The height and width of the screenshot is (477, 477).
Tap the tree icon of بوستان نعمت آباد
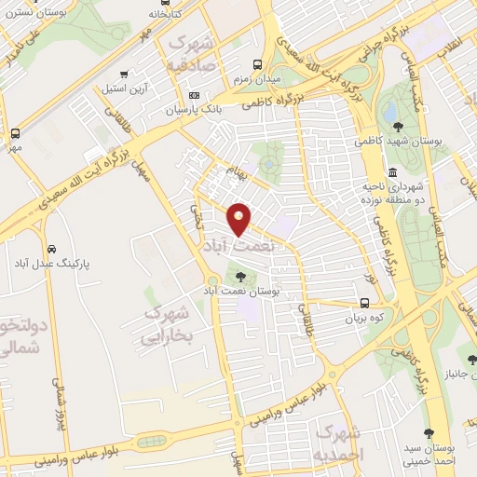[241, 276]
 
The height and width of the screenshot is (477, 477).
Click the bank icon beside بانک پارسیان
[194, 95]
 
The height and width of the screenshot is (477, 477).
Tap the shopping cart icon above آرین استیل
[122, 74]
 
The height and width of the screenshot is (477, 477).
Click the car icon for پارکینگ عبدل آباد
[49, 249]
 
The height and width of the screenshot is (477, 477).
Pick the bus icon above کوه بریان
[364, 303]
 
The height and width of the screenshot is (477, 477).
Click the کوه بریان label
[364, 318]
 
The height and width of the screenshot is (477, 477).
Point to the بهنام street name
[237, 171]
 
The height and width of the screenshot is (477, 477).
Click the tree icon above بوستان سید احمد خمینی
[429, 432]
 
